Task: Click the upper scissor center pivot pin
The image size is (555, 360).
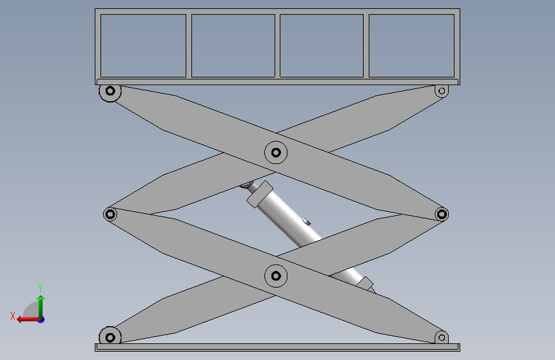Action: (x=276, y=152)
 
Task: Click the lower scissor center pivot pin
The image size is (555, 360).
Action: (x=276, y=275)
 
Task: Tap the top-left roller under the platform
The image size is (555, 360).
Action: (x=110, y=91)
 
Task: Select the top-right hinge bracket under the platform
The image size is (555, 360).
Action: (x=442, y=91)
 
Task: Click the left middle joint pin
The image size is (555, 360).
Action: (x=110, y=214)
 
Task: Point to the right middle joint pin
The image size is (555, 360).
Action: (x=442, y=214)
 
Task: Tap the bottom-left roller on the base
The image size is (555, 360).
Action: (x=110, y=338)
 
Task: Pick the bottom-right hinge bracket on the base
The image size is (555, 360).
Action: (x=442, y=338)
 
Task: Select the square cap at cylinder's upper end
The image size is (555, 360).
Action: (x=260, y=194)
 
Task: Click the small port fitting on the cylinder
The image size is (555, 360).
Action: (x=307, y=222)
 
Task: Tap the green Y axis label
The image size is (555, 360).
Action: (x=40, y=288)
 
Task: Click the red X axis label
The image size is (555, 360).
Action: (x=13, y=316)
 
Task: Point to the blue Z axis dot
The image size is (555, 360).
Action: (x=42, y=320)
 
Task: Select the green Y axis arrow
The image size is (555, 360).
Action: (x=41, y=307)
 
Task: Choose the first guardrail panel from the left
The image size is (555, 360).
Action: (x=143, y=45)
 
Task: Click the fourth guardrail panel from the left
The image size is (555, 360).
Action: (x=412, y=45)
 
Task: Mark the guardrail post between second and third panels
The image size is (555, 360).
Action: (x=278, y=45)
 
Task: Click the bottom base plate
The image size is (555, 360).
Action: (x=278, y=347)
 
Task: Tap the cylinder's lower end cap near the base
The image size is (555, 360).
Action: (x=365, y=284)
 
